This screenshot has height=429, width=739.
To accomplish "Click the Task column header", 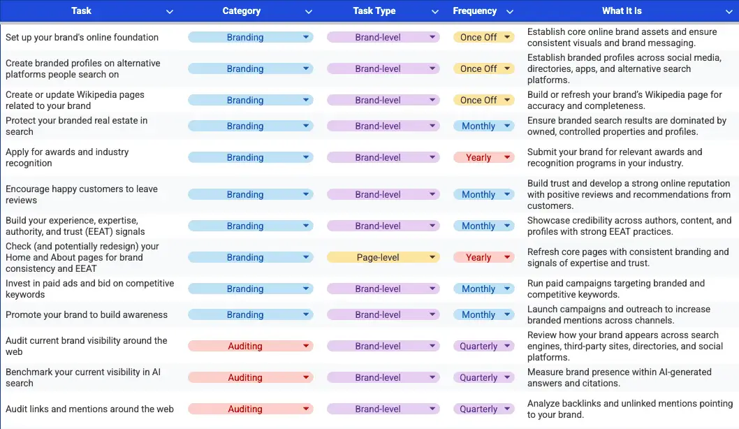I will click(81, 11).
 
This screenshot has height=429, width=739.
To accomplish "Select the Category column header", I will click(242, 11).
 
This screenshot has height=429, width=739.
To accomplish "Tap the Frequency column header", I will click(475, 11).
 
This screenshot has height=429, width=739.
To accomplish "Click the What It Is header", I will click(622, 11).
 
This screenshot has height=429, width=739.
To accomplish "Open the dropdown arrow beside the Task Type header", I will click(436, 12).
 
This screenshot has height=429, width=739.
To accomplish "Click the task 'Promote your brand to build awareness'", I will click(87, 314).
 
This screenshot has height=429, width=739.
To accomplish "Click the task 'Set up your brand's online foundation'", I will click(82, 37).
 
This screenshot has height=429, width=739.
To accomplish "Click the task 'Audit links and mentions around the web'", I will click(89, 409).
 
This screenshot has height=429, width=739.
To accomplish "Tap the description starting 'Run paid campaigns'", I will click(616, 289).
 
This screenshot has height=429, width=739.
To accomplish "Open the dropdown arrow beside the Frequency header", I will click(510, 12).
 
